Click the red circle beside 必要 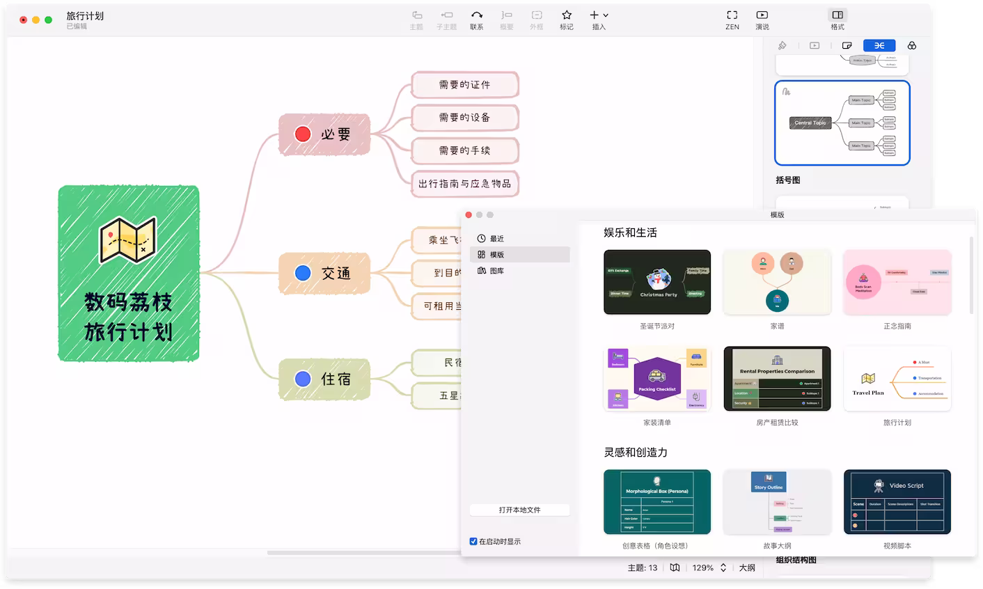coord(303,134)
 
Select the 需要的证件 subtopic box coord(464,84)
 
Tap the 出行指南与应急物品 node coord(464,184)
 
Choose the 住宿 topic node coord(324,379)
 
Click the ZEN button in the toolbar coord(732,19)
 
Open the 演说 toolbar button coord(762,19)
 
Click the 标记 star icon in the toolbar coord(567,15)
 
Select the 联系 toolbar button coord(476,19)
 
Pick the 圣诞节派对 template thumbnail coord(657,282)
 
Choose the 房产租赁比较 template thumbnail coord(777,379)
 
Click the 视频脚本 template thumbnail coord(897,501)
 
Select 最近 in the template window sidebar coord(496,239)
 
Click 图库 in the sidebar coord(496,271)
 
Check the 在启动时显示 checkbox coord(473,541)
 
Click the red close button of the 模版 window coord(469,214)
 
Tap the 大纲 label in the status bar coord(746,567)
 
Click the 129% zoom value coord(702,567)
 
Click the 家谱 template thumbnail coord(777,282)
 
